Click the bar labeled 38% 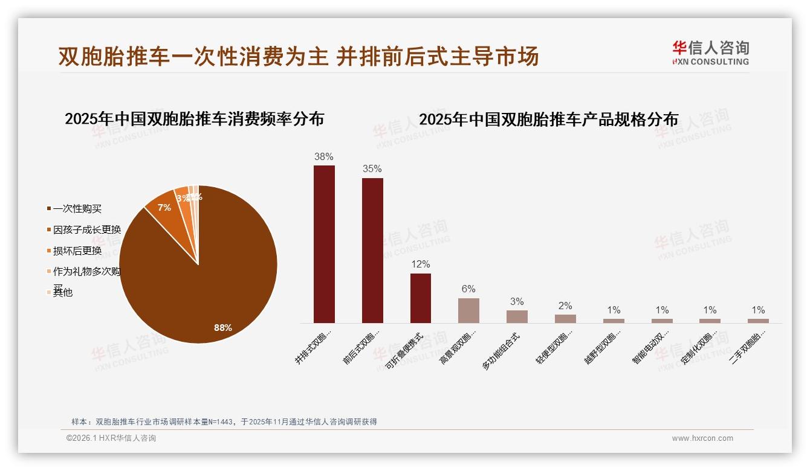[x=324, y=244]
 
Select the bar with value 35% [x=372, y=250]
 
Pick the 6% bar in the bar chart [x=468, y=310]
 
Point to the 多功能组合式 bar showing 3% [x=517, y=316]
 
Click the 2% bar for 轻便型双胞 [x=565, y=318]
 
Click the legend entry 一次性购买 [x=77, y=209]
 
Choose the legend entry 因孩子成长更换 [x=86, y=230]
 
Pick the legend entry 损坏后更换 [x=77, y=251]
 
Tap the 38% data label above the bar [x=324, y=157]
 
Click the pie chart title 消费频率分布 [x=195, y=119]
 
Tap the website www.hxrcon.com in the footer [x=702, y=438]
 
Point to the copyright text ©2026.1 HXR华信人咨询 [x=111, y=438]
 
